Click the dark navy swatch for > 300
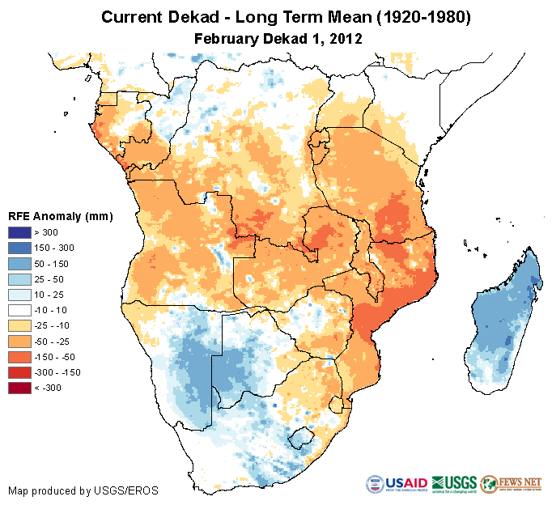pos(20,233)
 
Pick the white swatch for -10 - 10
pos(20,310)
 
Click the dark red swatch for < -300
pos(20,388)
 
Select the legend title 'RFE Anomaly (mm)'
pos(60,217)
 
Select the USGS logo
pos(454,484)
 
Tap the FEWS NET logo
pos(511,484)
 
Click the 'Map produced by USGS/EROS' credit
pos(83,490)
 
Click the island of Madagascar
pos(502,320)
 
